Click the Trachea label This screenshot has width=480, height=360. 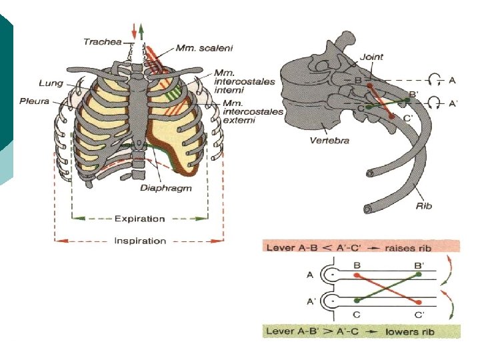click(102, 42)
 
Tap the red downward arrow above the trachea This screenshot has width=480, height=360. click(135, 31)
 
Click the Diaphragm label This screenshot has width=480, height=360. click(165, 188)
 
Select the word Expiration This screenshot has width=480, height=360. click(139, 218)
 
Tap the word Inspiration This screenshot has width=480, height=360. click(139, 241)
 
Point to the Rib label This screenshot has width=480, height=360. click(424, 206)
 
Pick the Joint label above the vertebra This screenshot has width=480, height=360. click(371, 57)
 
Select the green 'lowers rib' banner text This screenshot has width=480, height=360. click(360, 331)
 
